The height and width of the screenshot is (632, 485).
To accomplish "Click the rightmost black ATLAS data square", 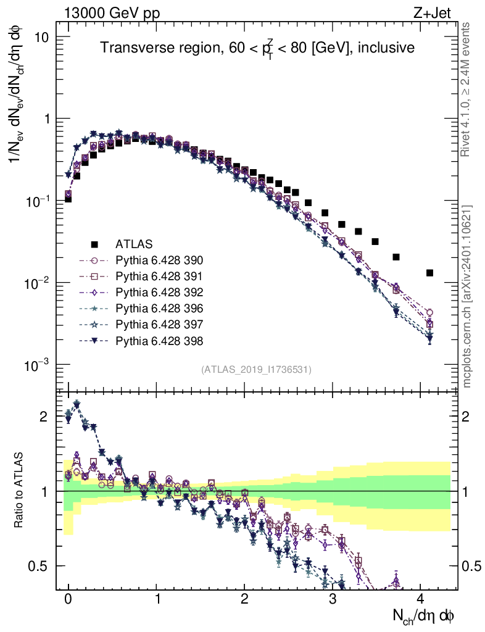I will (x=429, y=273).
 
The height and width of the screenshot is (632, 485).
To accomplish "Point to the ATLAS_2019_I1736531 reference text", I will (x=256, y=370).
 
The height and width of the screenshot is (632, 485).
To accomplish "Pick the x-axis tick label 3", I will (x=333, y=599).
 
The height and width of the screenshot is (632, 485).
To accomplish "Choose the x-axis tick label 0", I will (x=68, y=599).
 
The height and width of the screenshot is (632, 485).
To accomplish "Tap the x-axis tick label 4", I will (x=421, y=599).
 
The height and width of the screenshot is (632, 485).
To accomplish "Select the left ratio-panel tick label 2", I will (x=44, y=417).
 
